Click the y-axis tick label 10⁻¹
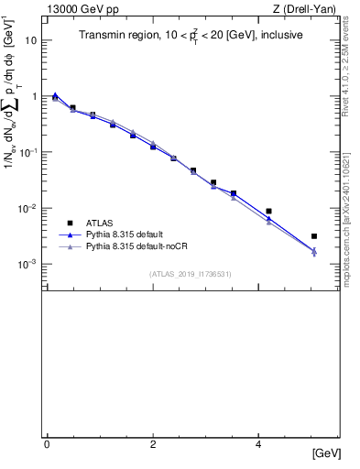[30, 152]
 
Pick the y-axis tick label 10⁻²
[30, 208]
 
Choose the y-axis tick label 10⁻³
[30, 264]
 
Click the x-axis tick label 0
[47, 443]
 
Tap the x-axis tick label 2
[153, 443]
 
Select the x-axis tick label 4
[259, 443]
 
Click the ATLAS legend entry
[100, 223]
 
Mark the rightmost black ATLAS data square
[314, 236]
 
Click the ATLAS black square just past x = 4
[268, 212]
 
